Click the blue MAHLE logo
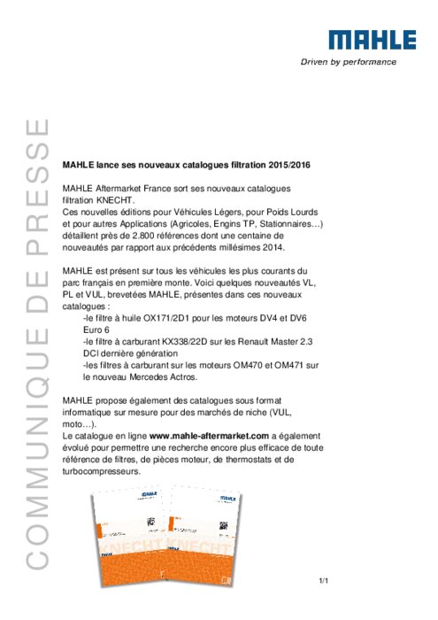(372, 40)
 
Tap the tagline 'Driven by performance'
(349, 62)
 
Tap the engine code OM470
(248, 365)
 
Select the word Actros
(183, 376)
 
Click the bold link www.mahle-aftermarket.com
(210, 436)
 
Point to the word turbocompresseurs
(101, 471)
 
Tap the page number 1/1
(324, 581)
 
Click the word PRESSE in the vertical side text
(37, 187)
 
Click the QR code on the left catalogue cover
(151, 523)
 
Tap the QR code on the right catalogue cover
(223, 525)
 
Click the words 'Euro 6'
(96, 329)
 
